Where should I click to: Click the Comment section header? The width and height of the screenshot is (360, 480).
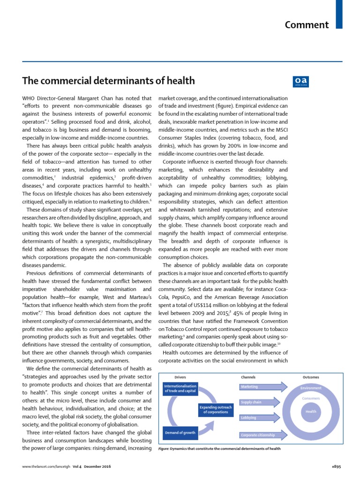pyautogui.click(x=307, y=25)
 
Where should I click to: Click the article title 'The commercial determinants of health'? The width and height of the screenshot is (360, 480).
pyautogui.click(x=108, y=81)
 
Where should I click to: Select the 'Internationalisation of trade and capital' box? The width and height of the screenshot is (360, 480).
pyautogui.click(x=180, y=389)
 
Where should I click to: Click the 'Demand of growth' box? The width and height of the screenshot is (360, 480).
pyautogui.click(x=180, y=432)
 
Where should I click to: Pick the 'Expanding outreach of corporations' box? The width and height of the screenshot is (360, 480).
pyautogui.click(x=216, y=410)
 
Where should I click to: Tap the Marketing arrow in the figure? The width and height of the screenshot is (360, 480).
pyautogui.click(x=262, y=387)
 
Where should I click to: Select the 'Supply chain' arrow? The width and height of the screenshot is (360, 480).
pyautogui.click(x=262, y=402)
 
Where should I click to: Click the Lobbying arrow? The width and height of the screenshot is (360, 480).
pyautogui.click(x=262, y=418)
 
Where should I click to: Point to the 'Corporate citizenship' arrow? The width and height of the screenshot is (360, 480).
pyautogui.click(x=262, y=435)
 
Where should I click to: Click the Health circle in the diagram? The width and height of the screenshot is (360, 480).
pyautogui.click(x=311, y=411)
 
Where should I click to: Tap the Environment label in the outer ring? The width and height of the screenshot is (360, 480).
pyautogui.click(x=311, y=388)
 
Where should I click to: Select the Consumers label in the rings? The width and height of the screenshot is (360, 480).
pyautogui.click(x=311, y=398)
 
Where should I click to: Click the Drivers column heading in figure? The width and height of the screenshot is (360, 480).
pyautogui.click(x=180, y=377)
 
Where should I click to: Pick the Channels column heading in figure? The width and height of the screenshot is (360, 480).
pyautogui.click(x=248, y=377)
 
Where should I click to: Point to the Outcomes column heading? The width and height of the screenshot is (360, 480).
pyautogui.click(x=311, y=377)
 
